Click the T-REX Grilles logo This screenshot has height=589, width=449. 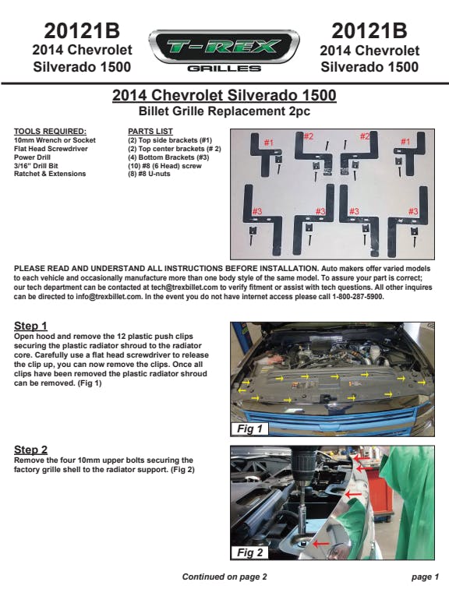tap(224, 51)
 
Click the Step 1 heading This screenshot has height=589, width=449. tap(30, 326)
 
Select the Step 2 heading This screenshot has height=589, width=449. tap(30, 450)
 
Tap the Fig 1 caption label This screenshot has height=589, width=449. tap(249, 429)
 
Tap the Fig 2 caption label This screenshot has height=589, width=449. tap(249, 552)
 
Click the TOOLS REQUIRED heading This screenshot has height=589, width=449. tap(50, 132)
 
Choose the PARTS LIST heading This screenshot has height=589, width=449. tap(150, 132)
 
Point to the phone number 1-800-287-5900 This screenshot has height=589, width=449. tap(358, 297)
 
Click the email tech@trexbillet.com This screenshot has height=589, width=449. tap(185, 287)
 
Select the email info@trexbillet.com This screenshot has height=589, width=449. tap(109, 297)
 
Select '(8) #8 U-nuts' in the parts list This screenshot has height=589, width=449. tap(149, 174)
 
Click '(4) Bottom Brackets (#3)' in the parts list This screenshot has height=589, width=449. tap(168, 157)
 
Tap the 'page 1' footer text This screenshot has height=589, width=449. tap(425, 577)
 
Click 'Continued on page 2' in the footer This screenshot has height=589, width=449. tap(224, 577)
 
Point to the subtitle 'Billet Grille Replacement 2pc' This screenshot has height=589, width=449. tap(224, 111)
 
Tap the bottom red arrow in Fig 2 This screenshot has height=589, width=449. tap(322, 543)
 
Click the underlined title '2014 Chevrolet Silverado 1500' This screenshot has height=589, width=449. tap(224, 95)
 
